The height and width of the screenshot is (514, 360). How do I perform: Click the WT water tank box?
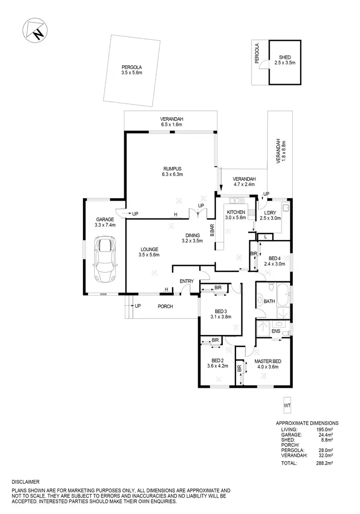(288, 406)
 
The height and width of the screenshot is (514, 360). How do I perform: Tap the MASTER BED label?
(267, 361)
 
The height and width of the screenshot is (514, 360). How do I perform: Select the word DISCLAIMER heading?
(26, 481)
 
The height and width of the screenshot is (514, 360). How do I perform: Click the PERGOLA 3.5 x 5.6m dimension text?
(132, 73)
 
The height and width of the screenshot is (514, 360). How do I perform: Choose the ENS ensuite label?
(276, 331)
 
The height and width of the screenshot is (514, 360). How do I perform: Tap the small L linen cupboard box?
(265, 237)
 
